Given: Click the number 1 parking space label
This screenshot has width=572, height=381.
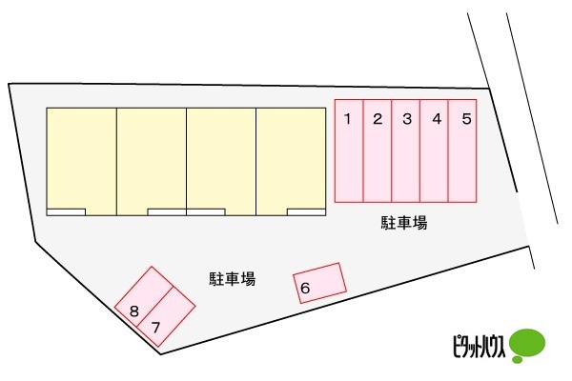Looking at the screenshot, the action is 349,119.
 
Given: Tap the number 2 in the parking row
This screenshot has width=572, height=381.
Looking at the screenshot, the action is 378,119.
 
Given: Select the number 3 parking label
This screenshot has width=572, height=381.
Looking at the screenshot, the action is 407,119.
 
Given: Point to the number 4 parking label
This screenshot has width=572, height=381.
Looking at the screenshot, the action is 437,119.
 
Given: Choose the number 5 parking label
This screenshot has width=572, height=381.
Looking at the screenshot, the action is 465,119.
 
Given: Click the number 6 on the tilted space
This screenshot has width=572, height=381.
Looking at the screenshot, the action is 305,288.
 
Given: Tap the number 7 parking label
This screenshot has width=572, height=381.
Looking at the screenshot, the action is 155,327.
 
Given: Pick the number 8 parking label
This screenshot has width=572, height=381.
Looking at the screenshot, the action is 134,311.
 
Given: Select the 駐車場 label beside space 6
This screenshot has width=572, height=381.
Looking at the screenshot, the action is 232,279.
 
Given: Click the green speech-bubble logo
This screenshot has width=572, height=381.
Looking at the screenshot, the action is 526,343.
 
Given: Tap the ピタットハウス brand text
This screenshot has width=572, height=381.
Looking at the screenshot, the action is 477,345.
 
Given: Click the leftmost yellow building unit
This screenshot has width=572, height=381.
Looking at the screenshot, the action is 82,157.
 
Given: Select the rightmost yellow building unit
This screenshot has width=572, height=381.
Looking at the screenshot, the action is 291,157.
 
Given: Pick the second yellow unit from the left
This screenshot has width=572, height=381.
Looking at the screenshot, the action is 152,157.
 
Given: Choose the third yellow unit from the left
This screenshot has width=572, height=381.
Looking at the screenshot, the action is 221,157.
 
